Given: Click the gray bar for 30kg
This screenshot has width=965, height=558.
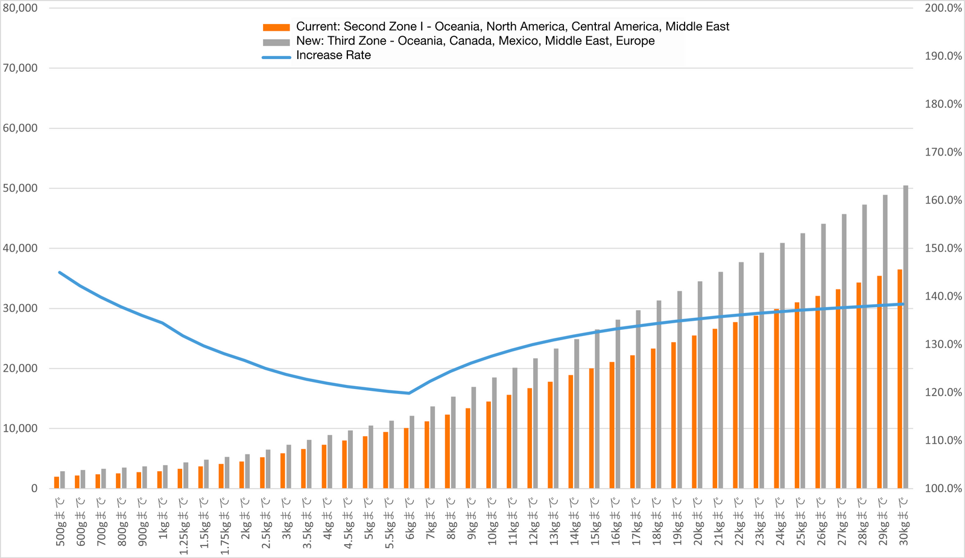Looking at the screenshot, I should point(905,338).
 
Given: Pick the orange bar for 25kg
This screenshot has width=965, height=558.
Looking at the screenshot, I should point(797,395).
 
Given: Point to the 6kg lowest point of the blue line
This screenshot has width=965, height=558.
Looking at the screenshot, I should point(409,393).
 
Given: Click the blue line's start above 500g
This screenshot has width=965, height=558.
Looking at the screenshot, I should point(59,272).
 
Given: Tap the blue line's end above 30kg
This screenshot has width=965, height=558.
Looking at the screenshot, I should point(903,304).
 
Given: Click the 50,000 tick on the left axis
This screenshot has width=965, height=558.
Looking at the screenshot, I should point(20,188).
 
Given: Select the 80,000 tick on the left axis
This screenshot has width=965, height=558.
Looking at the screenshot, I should point(20,8).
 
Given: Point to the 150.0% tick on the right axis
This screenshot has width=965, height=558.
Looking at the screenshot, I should point(943,248).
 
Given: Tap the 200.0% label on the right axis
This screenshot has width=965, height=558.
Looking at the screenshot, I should point(943,8).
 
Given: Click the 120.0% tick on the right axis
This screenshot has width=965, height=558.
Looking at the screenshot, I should point(943,392).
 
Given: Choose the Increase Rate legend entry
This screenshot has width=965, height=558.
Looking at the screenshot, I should point(333,55).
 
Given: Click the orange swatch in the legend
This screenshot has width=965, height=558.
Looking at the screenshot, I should point(276,27).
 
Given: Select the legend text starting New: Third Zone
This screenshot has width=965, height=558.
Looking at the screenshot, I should point(475,41).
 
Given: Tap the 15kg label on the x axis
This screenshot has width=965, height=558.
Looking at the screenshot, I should point(595,521).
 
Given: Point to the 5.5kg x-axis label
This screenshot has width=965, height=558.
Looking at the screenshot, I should point(389,521).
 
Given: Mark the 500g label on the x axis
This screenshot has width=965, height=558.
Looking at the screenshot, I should point(60,521).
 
